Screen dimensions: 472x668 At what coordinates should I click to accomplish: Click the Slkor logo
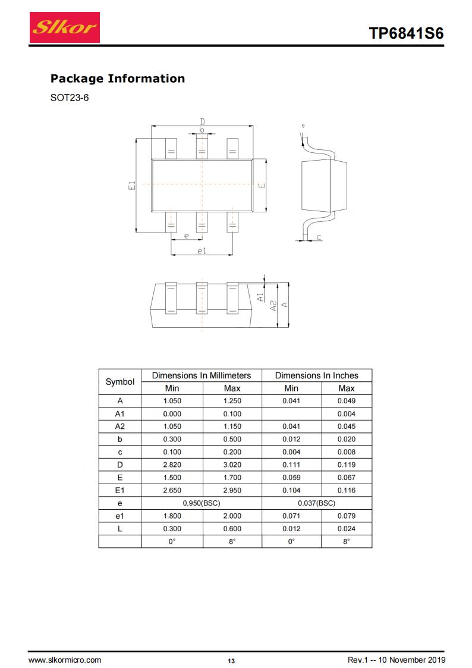tap(65, 27)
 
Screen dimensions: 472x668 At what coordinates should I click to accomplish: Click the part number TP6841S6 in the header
tap(406, 33)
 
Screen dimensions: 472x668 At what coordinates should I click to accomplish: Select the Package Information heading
tap(118, 79)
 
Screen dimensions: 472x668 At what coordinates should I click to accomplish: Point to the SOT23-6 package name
tap(70, 98)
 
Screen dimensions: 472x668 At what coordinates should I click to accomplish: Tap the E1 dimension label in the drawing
tap(132, 186)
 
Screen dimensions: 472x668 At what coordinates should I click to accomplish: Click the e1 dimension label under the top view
tap(202, 251)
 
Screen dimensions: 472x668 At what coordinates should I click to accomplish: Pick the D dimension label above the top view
tap(202, 122)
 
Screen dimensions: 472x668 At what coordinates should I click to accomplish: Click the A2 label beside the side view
tap(273, 305)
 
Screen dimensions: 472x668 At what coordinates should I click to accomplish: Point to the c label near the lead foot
tap(319, 237)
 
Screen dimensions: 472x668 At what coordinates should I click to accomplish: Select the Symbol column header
tap(120, 382)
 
